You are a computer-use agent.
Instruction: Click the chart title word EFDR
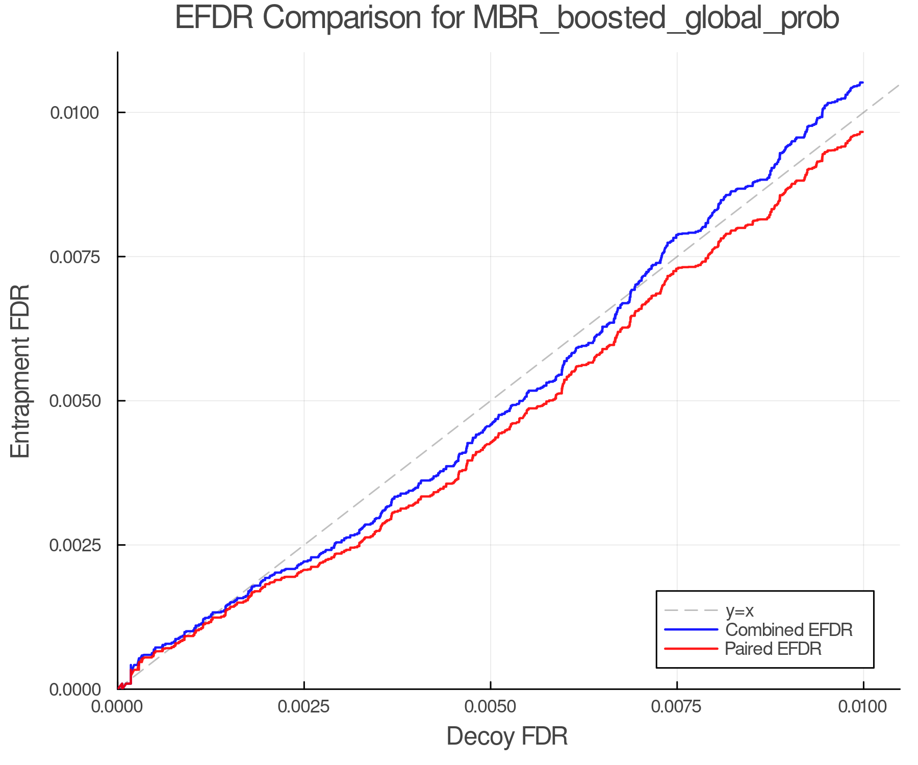214,19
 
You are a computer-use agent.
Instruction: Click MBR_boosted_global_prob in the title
655,19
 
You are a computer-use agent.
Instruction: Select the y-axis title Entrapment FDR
21,371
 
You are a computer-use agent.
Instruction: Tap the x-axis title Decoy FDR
507,736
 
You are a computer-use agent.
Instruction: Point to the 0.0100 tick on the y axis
74,113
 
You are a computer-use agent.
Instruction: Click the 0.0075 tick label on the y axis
74,257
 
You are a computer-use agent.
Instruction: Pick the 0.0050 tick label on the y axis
74,401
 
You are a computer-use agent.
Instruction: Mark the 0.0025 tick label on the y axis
74,545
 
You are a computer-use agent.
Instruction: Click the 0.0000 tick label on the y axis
74,690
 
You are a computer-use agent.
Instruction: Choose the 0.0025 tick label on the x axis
304,707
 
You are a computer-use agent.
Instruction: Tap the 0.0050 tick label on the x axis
490,707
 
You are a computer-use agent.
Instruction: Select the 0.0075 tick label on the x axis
677,707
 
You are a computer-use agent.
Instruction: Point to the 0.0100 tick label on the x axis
863,707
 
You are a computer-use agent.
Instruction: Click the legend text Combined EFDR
788,630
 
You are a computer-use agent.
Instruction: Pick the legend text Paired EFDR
773,649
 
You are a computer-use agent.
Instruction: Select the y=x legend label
739,611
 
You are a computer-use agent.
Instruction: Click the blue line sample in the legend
691,630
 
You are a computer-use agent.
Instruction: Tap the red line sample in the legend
691,649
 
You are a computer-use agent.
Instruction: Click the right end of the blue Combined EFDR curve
862,83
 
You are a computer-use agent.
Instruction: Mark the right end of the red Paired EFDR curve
862,132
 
